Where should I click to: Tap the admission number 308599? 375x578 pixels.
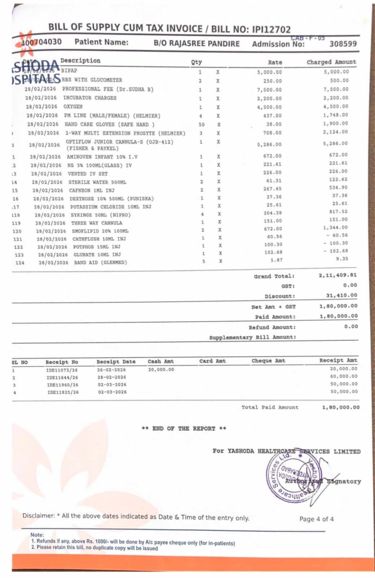point(343,44)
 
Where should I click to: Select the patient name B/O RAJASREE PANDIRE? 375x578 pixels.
point(197,44)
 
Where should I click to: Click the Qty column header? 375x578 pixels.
point(196,62)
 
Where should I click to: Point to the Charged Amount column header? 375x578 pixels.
point(331,62)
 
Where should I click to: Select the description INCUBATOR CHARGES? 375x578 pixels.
point(90,98)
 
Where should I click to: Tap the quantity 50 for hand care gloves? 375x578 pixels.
point(201,125)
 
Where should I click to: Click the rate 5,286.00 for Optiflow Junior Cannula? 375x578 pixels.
point(269,145)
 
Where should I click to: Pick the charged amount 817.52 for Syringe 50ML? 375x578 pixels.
point(340,212)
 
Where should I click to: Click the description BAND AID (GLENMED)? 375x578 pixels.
point(101,262)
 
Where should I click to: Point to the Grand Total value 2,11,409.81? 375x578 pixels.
point(338,275)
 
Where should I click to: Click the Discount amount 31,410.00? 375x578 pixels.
point(341,295)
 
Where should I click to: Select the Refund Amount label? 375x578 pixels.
point(272,327)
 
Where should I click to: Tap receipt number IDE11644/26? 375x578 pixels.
point(62,377)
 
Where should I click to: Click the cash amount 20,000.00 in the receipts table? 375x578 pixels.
point(161,369)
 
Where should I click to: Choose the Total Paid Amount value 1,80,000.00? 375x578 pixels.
point(341,407)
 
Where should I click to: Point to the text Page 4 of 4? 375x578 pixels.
point(317,519)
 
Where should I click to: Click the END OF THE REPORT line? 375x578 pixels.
point(184,429)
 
